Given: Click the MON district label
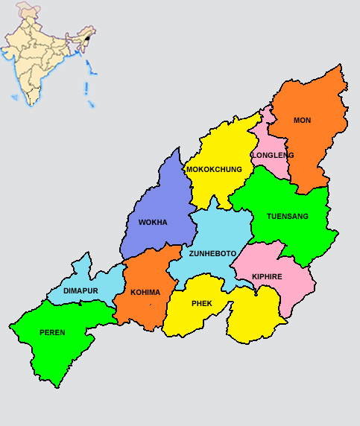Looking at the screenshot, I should click(302, 120).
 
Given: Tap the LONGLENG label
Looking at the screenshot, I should click(273, 155).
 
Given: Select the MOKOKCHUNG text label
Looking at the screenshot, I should click(214, 169).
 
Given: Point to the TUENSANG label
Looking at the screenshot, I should click(287, 216).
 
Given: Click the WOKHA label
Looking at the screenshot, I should click(153, 222).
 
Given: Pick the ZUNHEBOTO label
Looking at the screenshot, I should click(212, 253).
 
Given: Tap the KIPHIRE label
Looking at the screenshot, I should click(267, 276).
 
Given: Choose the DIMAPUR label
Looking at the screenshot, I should click(81, 290).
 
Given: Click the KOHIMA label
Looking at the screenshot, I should click(145, 292).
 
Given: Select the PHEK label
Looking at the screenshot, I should click(201, 303).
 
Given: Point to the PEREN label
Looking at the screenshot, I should click(52, 332).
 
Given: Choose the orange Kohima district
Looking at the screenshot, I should click(145, 309).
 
